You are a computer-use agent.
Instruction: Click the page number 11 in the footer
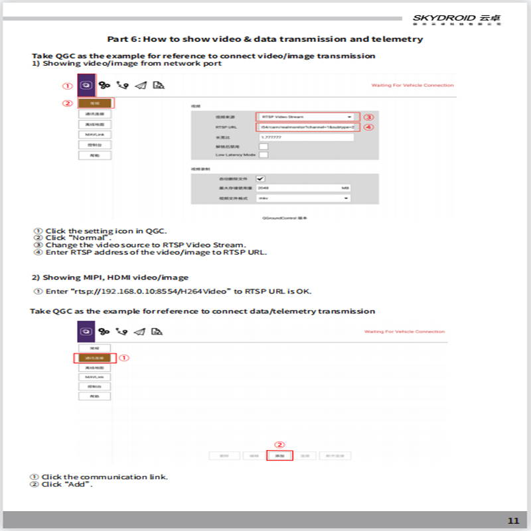coord(513,520)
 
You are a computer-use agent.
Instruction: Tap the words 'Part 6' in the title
coord(123,39)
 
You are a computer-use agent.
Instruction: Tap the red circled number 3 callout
coord(369,117)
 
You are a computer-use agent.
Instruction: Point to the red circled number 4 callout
coord(369,127)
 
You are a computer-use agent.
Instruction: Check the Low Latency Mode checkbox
coord(263,155)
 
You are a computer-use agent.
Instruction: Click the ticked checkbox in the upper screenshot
coord(260,179)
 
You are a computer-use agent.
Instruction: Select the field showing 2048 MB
coord(303,189)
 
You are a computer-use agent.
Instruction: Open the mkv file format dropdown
coord(303,198)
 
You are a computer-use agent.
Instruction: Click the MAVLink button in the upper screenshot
coord(94,134)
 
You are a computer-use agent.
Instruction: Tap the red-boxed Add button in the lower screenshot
coord(279,456)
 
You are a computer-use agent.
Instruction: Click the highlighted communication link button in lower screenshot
coord(94,358)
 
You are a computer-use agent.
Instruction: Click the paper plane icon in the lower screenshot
coord(139,331)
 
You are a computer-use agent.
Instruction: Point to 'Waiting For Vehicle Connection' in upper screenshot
coord(412,86)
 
